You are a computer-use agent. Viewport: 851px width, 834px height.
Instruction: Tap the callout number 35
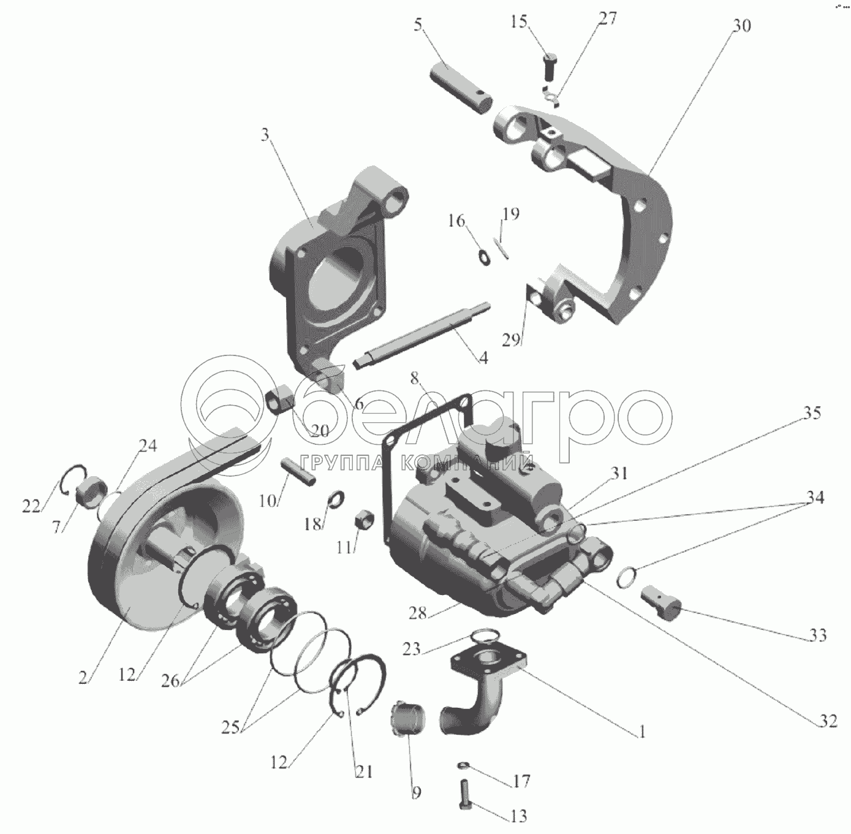(x=812, y=413)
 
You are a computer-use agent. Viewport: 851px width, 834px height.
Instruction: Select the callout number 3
(x=265, y=135)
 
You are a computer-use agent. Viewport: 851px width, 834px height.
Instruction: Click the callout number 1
(x=641, y=732)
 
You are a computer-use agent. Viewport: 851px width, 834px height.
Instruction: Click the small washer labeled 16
(x=484, y=256)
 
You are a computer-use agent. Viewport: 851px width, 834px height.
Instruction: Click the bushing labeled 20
(x=282, y=401)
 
